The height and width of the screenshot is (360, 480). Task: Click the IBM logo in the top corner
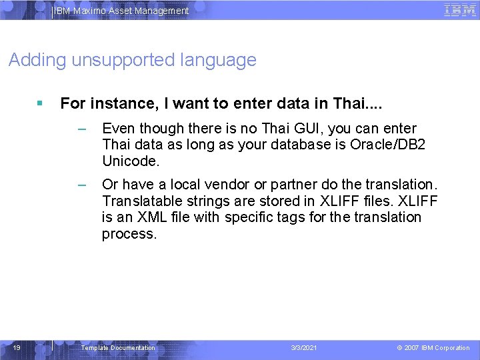click(459, 10)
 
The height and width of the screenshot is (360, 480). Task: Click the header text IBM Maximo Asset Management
click(121, 11)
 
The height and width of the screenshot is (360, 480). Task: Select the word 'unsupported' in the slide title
click(123, 60)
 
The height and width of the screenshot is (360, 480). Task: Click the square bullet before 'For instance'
click(41, 103)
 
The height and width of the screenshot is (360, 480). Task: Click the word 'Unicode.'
click(131, 161)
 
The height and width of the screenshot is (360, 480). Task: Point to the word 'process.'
click(129, 234)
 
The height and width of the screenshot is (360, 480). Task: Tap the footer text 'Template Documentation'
click(118, 348)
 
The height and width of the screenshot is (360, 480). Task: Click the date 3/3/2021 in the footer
click(305, 348)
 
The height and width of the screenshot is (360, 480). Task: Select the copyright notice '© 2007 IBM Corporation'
click(433, 348)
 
